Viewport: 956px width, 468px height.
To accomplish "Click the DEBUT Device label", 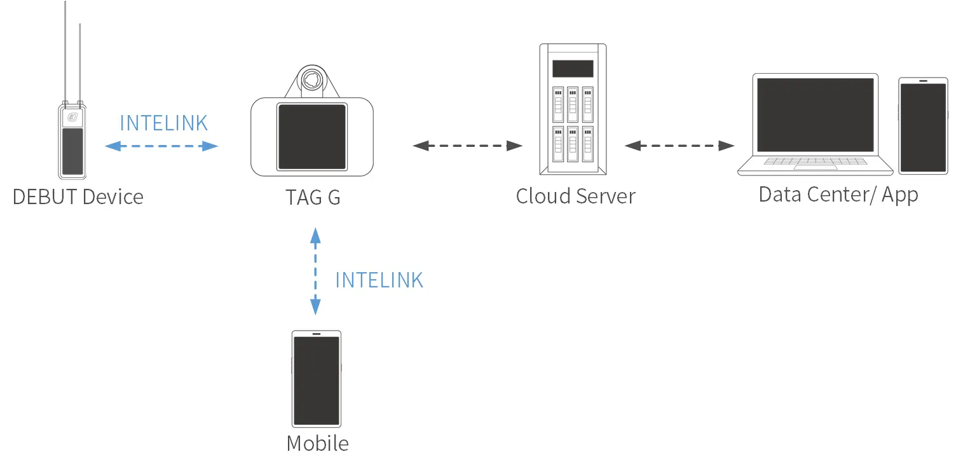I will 78,196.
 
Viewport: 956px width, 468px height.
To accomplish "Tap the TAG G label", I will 313,197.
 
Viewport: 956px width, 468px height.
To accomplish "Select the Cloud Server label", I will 575,195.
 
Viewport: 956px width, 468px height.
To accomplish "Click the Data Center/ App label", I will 838,194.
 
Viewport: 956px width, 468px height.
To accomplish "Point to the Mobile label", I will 317,443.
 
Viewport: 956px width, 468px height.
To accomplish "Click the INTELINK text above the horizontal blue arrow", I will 163,123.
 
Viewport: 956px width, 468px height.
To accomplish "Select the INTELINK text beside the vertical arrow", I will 379,280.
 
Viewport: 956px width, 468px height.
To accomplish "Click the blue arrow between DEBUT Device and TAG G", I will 161,146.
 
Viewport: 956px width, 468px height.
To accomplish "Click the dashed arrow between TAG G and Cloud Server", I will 467,146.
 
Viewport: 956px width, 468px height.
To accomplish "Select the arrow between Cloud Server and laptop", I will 679,146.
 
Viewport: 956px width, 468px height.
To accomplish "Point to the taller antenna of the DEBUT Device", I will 65,51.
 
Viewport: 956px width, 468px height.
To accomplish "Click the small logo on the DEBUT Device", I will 72,118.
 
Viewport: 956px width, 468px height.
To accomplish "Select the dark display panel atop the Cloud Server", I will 573,69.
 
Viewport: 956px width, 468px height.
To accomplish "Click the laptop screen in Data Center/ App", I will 815,115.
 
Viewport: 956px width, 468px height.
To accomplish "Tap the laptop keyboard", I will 815,162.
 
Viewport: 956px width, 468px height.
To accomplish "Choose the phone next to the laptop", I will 922,126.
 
